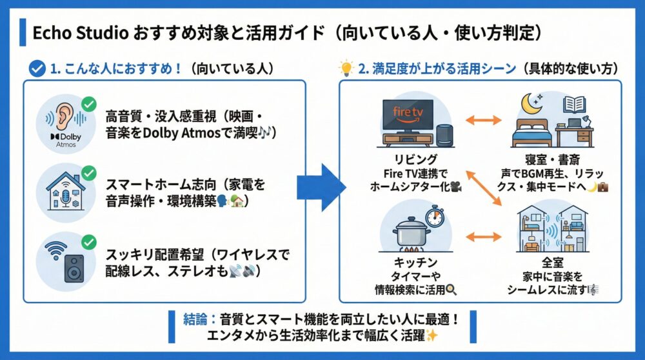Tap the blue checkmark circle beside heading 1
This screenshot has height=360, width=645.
click(38, 68)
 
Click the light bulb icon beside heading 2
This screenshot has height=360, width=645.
click(347, 68)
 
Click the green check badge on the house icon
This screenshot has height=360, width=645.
click(88, 173)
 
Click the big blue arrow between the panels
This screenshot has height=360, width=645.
click(321, 188)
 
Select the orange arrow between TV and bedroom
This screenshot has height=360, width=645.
click(483, 121)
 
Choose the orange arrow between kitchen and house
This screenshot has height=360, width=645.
click(483, 237)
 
